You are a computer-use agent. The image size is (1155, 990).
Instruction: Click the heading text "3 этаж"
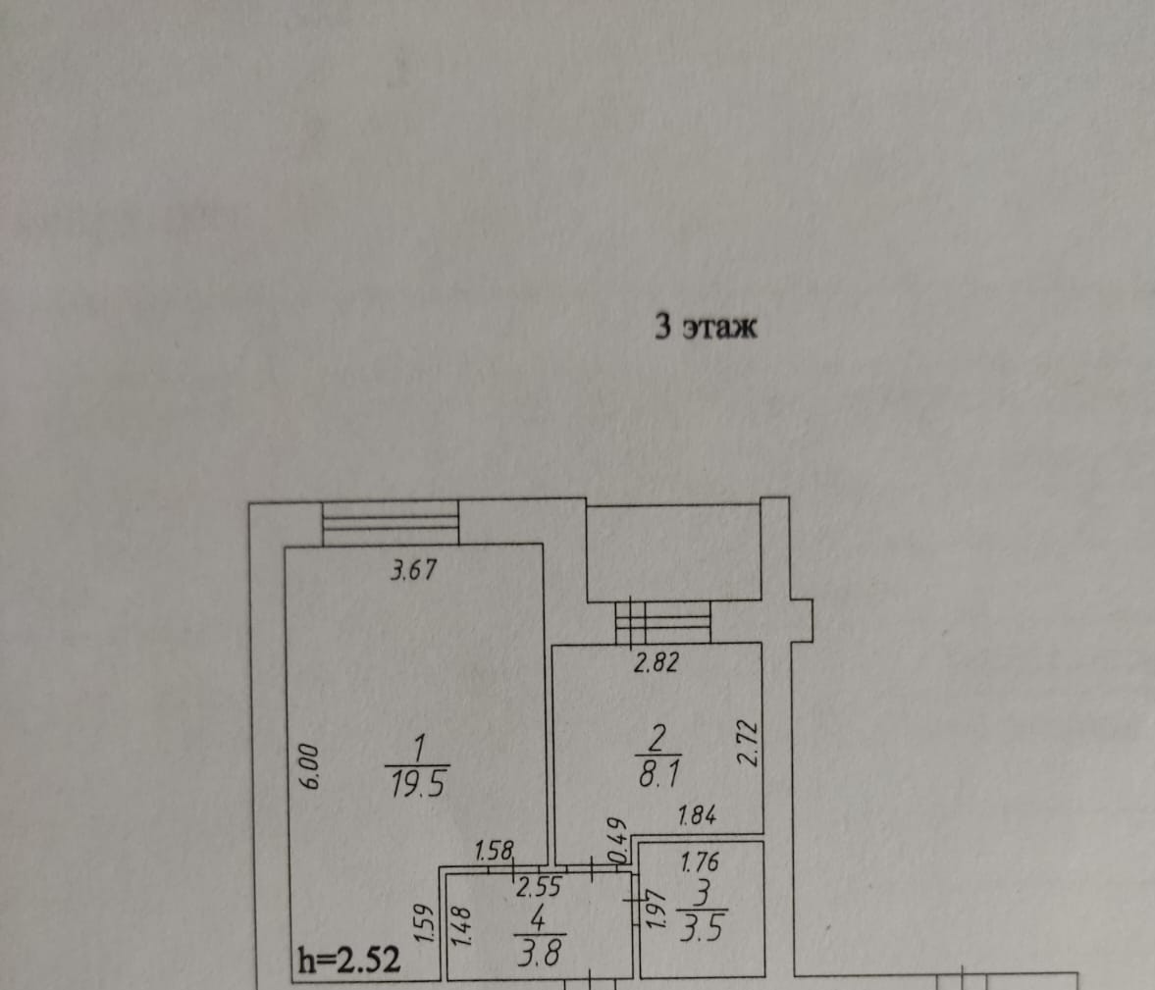706,327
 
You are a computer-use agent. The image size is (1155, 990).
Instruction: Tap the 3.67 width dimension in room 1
413,570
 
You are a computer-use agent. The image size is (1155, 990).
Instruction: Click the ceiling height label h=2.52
348,960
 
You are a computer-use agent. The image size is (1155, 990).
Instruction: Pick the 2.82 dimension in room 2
656,663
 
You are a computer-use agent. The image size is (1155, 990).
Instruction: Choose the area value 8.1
655,776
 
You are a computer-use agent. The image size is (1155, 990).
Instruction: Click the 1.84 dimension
697,814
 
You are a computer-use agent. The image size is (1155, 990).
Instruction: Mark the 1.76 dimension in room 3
700,862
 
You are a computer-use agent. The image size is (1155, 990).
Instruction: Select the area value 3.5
701,927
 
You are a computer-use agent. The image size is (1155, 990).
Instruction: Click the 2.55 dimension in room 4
538,888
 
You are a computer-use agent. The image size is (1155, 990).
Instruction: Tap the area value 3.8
538,951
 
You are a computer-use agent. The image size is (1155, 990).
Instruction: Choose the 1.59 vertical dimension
425,924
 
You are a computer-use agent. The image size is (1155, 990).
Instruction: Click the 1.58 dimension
494,851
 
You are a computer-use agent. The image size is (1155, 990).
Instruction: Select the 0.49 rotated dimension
616,840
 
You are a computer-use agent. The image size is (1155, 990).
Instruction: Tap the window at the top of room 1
392,523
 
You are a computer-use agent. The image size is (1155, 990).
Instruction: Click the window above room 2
662,621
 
